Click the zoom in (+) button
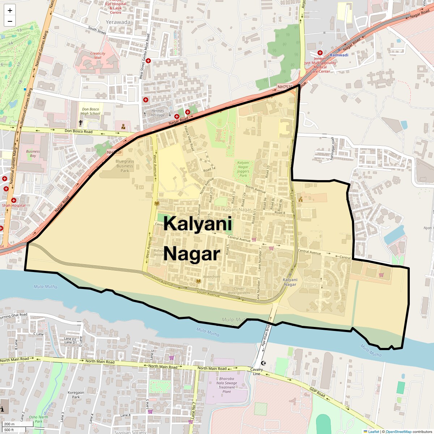(x=10, y=10)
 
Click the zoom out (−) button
(x=10, y=21)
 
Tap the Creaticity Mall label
(x=98, y=55)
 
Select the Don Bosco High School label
(x=90, y=111)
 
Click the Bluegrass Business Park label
(x=125, y=166)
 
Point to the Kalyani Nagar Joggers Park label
(x=243, y=169)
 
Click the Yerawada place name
(x=118, y=22)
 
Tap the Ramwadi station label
(x=339, y=55)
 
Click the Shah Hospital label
(x=14, y=205)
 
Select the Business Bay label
(x=33, y=153)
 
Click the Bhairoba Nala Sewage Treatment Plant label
(x=227, y=385)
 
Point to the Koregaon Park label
(x=76, y=395)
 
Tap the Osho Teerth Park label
(x=39, y=419)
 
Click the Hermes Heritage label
(x=158, y=113)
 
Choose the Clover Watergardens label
(x=239, y=290)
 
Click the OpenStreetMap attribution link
(x=398, y=431)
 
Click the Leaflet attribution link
(x=374, y=431)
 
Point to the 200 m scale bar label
(x=9, y=424)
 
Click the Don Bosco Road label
(x=78, y=131)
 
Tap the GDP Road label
(x=317, y=392)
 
